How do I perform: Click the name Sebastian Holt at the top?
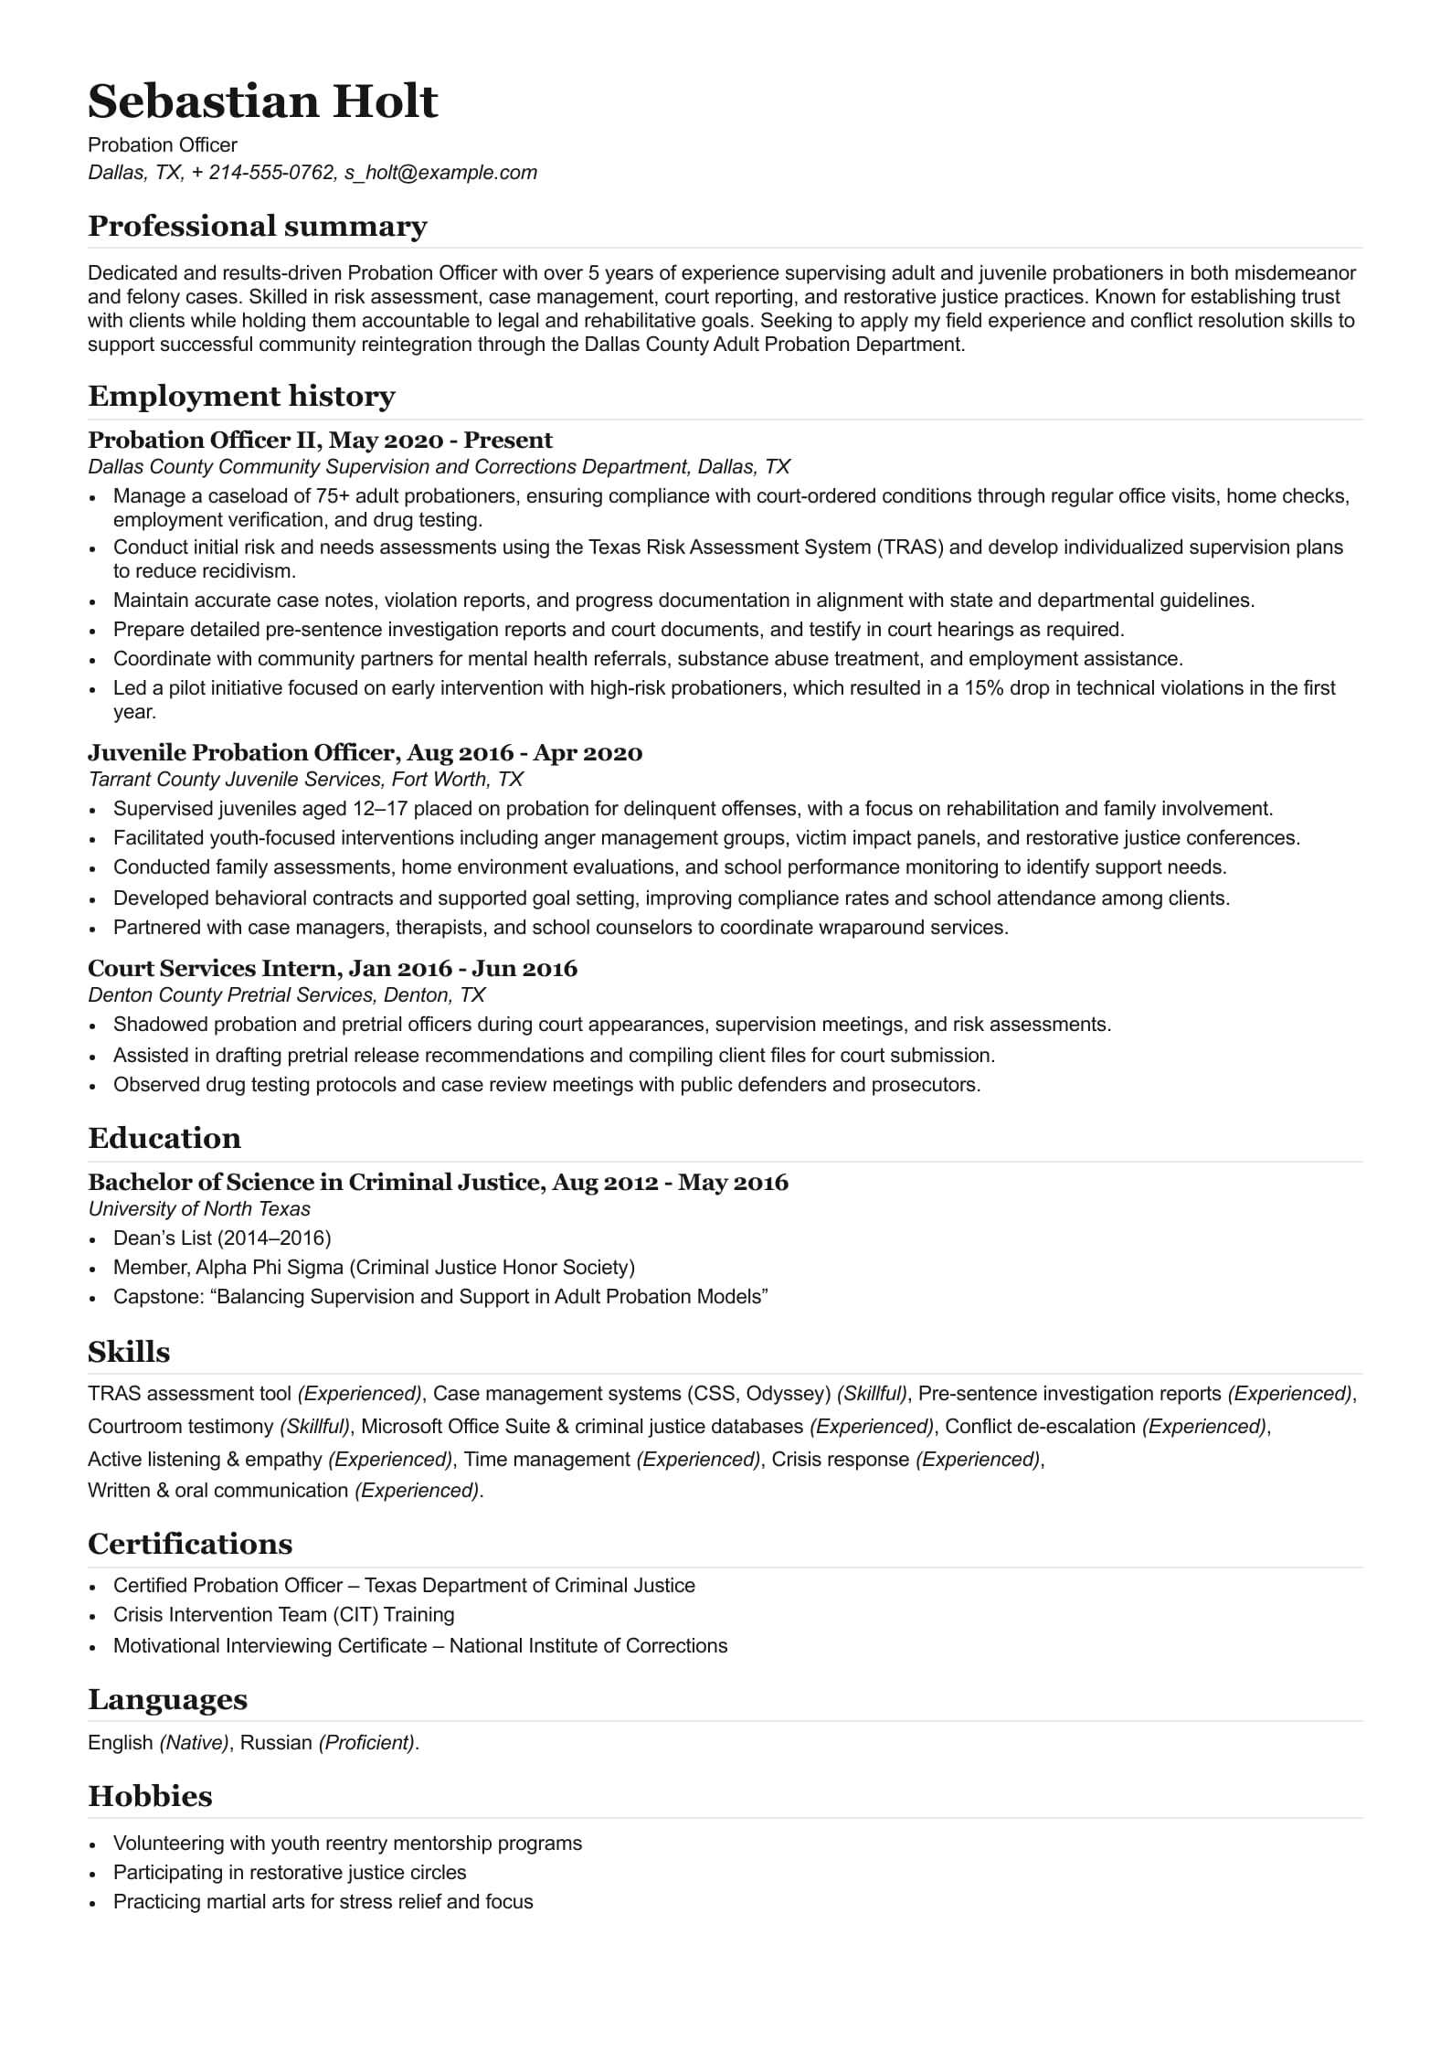[263, 101]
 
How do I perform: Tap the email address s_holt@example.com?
[440, 173]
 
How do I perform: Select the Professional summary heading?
[257, 226]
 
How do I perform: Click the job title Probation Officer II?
[203, 441]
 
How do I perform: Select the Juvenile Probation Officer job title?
[242, 753]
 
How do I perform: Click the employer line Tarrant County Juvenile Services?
[305, 780]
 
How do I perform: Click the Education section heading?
[164, 1138]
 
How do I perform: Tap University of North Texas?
[199, 1209]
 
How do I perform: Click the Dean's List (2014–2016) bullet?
[222, 1238]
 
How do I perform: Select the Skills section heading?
[129, 1352]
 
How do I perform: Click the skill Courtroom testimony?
[180, 1427]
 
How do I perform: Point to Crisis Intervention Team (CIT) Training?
[283, 1615]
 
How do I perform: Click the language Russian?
[276, 1743]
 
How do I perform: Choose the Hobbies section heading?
[150, 1796]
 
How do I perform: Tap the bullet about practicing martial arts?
[323, 1902]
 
